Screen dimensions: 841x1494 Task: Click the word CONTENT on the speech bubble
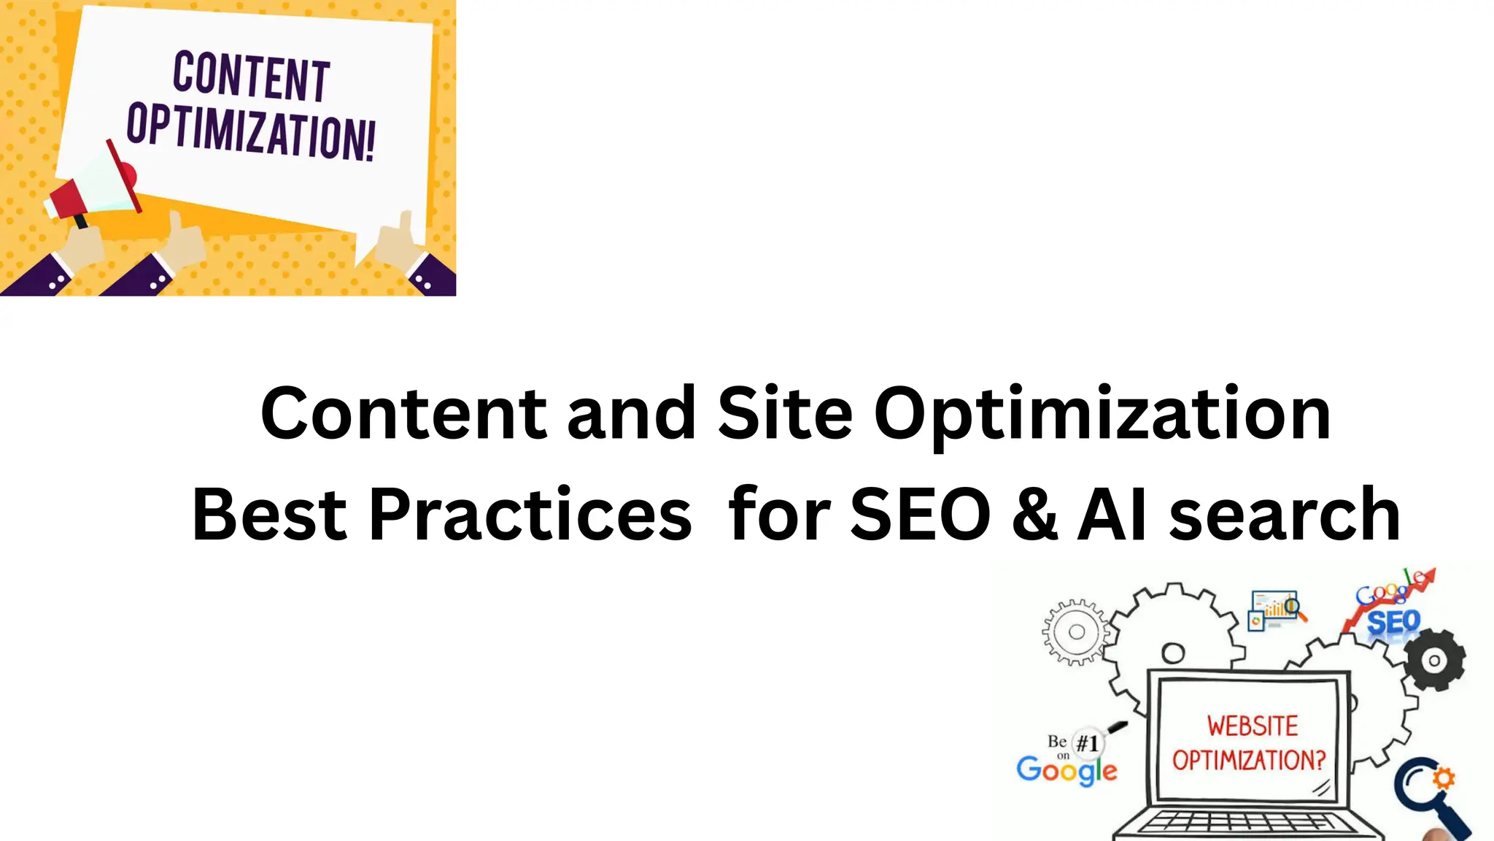tap(251, 76)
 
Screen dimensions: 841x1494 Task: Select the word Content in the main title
tap(403, 414)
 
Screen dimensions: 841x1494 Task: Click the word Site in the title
tap(785, 414)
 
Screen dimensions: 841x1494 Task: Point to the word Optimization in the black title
tap(1102, 414)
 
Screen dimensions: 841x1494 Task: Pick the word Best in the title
tap(269, 515)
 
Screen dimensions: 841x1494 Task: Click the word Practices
tap(530, 515)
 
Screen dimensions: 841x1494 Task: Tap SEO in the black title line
tap(921, 515)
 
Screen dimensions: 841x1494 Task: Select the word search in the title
tap(1285, 515)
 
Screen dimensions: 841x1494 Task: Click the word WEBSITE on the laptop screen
tap(1253, 726)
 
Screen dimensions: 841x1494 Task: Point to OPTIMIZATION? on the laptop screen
tap(1249, 760)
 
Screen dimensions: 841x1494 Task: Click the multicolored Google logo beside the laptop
tap(1067, 770)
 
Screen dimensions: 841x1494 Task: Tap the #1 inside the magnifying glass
tap(1087, 743)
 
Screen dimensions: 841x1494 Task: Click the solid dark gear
tap(1434, 661)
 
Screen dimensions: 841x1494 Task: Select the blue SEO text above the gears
tap(1393, 623)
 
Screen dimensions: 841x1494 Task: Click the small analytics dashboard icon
tap(1275, 610)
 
